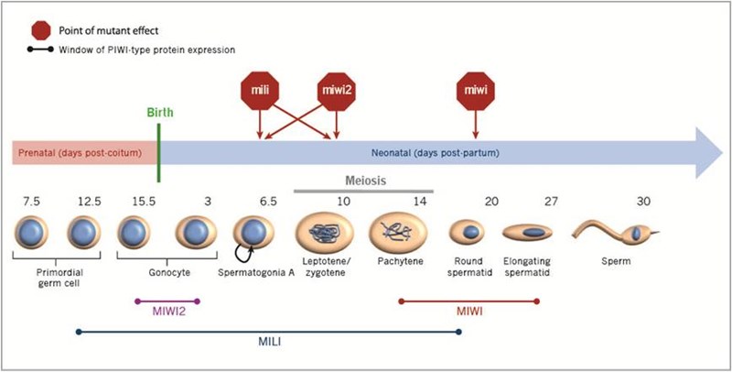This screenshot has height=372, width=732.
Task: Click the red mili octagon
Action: pos(259,90)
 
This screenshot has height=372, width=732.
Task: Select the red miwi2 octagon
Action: pos(338,90)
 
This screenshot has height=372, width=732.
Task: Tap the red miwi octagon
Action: pos(474,90)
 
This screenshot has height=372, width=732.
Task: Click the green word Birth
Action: pos(156,114)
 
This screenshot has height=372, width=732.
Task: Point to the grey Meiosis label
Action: pos(363,181)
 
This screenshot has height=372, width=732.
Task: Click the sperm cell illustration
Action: pos(611,235)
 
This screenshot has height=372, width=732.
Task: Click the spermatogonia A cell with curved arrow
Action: pos(253,234)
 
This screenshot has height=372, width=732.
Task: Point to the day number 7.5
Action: pos(32,199)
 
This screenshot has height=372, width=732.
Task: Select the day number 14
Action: pos(396,199)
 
